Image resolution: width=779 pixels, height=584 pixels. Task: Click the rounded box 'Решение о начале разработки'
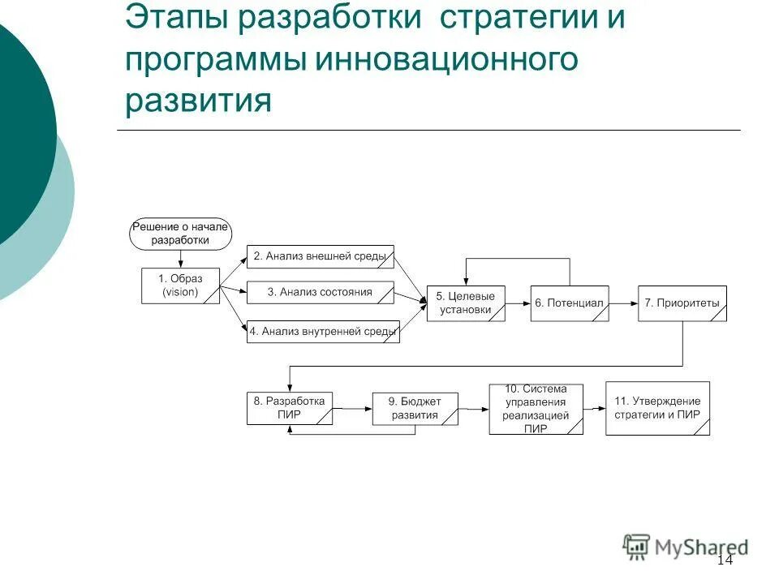tap(181, 233)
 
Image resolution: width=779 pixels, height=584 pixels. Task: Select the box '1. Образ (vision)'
tap(180, 286)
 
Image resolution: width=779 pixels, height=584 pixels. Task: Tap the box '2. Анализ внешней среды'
tap(320, 256)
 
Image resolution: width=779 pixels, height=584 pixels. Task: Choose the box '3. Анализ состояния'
tap(320, 292)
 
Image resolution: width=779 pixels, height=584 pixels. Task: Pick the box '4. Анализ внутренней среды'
tap(323, 331)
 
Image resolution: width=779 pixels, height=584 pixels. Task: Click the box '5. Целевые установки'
tap(465, 303)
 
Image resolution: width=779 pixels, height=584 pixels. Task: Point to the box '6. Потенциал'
tap(569, 303)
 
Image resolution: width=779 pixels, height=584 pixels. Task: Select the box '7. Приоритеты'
tap(682, 303)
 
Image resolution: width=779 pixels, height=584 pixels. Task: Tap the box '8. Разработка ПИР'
tap(290, 408)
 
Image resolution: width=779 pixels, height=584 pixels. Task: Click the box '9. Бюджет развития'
tap(415, 408)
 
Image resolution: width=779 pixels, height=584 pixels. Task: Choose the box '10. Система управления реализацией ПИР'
tap(536, 409)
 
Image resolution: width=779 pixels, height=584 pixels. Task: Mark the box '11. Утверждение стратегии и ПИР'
tap(657, 408)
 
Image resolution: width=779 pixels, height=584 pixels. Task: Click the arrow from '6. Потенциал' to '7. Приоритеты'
tap(623, 303)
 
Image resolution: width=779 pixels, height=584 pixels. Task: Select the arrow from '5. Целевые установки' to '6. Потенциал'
tap(517, 303)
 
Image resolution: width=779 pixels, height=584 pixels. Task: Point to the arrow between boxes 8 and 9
tap(352, 408)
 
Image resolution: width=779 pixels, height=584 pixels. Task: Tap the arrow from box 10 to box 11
tap(594, 408)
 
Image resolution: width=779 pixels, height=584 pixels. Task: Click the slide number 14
tap(725, 560)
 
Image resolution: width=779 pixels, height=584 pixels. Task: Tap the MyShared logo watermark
tap(686, 547)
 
